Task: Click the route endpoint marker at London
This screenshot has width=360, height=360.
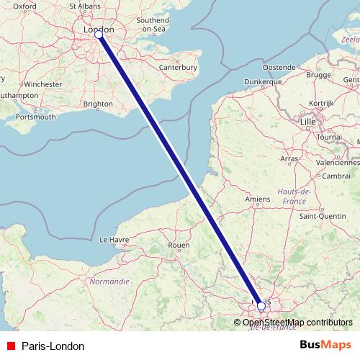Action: pyautogui.click(x=99, y=34)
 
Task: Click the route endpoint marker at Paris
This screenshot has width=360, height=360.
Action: pyautogui.click(x=261, y=306)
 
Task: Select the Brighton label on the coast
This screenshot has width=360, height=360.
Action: pyautogui.click(x=98, y=104)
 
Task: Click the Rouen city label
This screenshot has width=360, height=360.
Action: pyautogui.click(x=178, y=245)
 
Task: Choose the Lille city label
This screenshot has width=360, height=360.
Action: pyautogui.click(x=308, y=124)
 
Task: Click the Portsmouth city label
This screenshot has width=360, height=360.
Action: pyautogui.click(x=35, y=116)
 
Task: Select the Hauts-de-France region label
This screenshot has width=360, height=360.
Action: pyautogui.click(x=293, y=195)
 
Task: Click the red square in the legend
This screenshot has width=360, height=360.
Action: pyautogui.click(x=11, y=346)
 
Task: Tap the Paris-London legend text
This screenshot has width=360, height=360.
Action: pyautogui.click(x=53, y=346)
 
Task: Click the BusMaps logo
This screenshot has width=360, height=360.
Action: pyautogui.click(x=325, y=346)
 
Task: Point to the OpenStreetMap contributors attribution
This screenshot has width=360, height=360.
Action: pyautogui.click(x=297, y=322)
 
